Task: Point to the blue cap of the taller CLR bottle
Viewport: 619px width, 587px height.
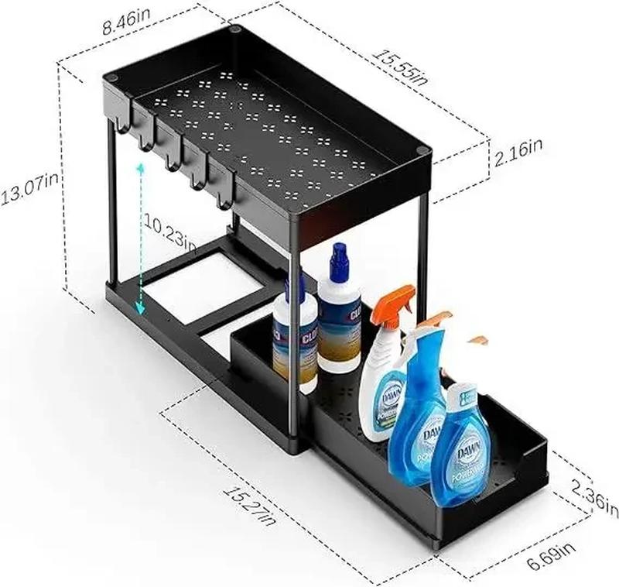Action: [338, 261]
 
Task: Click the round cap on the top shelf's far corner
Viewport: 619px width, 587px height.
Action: [235, 30]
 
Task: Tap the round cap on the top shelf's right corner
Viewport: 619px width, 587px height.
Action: [421, 153]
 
